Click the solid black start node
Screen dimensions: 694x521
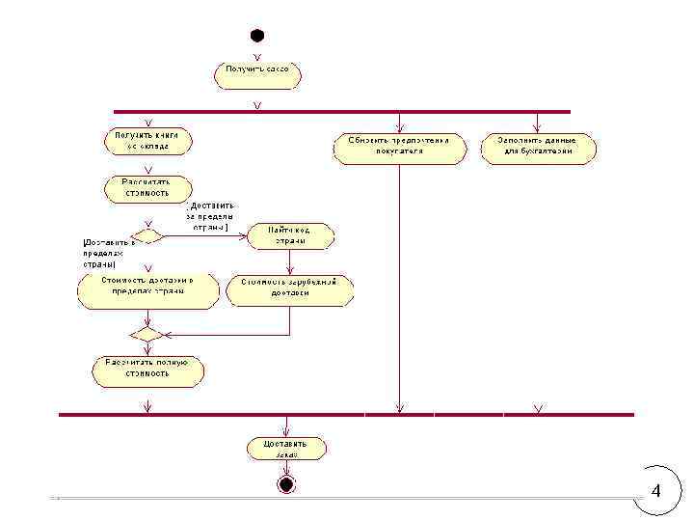click(x=257, y=36)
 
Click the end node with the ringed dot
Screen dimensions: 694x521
click(x=284, y=482)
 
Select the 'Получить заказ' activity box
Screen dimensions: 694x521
click(x=257, y=75)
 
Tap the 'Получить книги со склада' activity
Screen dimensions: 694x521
click(x=147, y=141)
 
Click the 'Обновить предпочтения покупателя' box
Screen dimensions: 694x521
click(x=399, y=147)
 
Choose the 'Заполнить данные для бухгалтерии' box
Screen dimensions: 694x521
click(x=539, y=147)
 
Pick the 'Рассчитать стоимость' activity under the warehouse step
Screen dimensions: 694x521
click(x=147, y=187)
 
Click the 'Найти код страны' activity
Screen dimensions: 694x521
click(x=289, y=235)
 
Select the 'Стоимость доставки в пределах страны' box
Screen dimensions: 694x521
click(x=147, y=288)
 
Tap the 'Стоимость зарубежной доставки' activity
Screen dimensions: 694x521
click(x=289, y=288)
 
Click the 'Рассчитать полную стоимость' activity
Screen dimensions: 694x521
click(x=147, y=370)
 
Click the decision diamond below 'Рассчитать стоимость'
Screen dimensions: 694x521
click(x=147, y=235)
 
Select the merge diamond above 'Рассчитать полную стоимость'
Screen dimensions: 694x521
click(x=147, y=334)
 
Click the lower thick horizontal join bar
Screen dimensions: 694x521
click(x=346, y=414)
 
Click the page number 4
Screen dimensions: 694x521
click(x=656, y=491)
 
